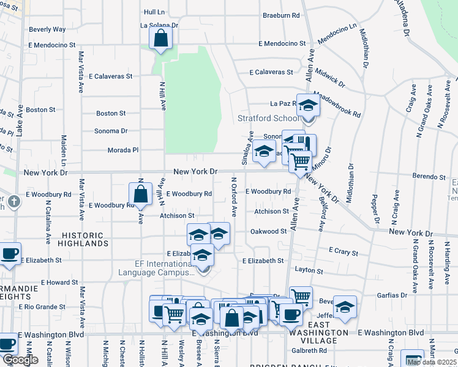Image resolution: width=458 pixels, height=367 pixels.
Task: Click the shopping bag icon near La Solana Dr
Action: tap(160, 39)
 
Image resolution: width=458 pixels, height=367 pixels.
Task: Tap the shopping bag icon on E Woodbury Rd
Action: tap(140, 194)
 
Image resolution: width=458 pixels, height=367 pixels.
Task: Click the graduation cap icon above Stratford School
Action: tap(308, 105)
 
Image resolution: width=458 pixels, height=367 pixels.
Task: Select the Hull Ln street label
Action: tap(154, 12)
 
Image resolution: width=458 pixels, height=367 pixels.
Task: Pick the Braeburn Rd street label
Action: tap(281, 15)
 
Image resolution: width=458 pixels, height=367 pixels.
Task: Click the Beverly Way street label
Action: tap(47, 29)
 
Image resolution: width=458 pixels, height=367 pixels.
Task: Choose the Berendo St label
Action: tap(429, 177)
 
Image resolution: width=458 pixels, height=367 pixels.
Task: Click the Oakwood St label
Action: tap(268, 232)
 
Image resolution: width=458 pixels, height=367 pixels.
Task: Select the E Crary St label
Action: tap(343, 251)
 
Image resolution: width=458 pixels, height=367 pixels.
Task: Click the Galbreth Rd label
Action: tap(309, 350)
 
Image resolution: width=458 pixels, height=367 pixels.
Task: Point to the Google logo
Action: tap(20, 360)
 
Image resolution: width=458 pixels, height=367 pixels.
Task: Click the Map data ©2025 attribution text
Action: tap(431, 362)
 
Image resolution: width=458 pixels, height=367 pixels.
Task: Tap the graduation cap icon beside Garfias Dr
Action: tap(345, 307)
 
